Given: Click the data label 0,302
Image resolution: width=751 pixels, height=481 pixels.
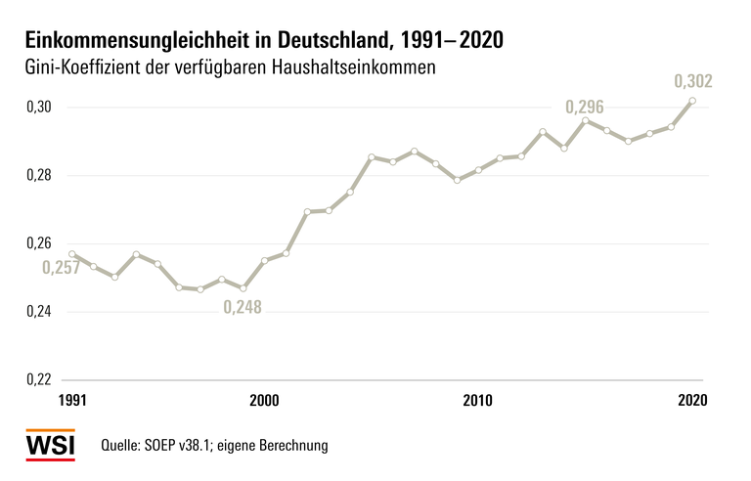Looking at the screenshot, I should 692,80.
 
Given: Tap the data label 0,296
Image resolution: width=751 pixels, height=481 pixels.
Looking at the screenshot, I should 585,107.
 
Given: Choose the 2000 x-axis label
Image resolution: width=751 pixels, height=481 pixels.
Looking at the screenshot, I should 265,400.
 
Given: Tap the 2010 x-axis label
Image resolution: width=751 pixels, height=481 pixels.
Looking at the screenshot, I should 477,400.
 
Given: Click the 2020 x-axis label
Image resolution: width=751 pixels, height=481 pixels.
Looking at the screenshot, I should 691,400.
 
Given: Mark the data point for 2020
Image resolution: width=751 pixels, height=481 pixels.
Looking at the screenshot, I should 692,101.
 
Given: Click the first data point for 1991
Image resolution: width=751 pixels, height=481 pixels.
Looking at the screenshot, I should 72,254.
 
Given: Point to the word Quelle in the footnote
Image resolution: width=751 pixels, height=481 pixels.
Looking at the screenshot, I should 123,446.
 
